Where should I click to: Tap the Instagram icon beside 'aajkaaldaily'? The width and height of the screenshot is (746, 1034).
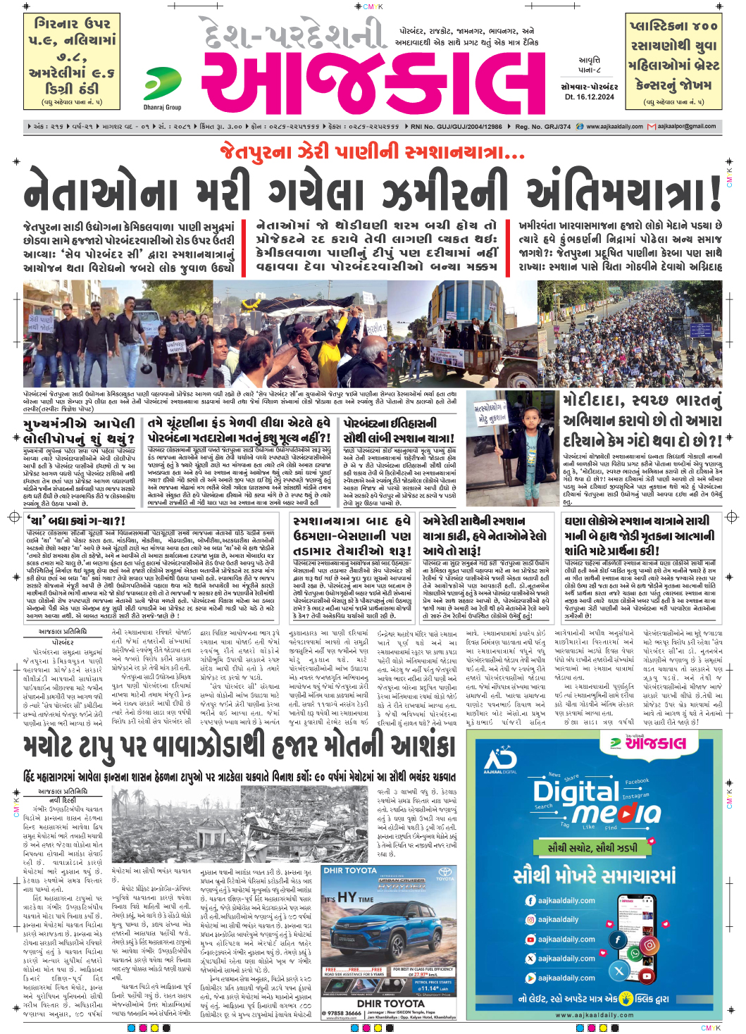[530, 919]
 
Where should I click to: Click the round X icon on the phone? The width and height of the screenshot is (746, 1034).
[618, 970]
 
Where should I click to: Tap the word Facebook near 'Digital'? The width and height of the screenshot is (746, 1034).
[636, 781]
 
